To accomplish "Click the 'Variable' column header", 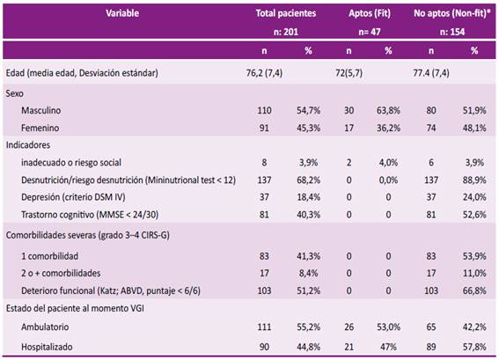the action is click(122, 13).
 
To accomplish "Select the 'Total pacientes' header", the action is click(286, 13).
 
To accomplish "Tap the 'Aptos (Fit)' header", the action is click(370, 13).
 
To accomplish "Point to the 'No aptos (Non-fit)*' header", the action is click(451, 13).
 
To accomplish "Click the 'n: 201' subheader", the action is click(286, 32).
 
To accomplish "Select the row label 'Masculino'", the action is click(41, 110).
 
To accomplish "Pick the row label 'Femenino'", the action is click(40, 128).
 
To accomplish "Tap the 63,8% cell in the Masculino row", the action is click(388, 110).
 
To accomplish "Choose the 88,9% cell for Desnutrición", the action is click(474, 180).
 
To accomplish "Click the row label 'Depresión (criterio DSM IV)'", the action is click(73, 197).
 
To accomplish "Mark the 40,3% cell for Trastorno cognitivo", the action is click(308, 215).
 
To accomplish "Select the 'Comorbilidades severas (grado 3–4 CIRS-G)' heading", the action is click(87, 235).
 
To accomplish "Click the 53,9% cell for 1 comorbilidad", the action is click(474, 256).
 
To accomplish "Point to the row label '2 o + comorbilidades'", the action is click(61, 274).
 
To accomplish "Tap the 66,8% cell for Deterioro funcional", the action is click(474, 290).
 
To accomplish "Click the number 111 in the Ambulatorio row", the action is click(264, 327).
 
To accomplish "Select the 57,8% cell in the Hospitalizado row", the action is click(474, 347).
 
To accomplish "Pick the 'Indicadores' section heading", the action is click(28, 145).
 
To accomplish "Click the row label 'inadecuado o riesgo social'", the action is click(71, 163).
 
